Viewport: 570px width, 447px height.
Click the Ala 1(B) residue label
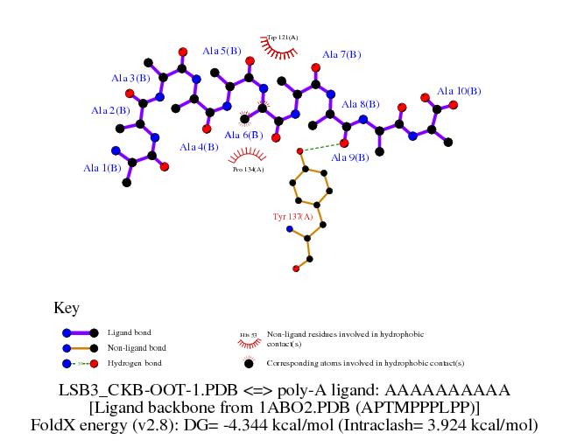(x=102, y=168)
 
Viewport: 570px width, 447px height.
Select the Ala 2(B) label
(x=110, y=110)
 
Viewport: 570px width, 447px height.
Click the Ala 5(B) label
(x=221, y=52)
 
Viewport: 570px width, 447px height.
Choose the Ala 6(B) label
(x=243, y=135)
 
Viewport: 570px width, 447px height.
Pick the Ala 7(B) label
(x=341, y=54)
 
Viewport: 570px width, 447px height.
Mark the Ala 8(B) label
(x=361, y=104)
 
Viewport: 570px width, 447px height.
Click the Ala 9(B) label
(x=349, y=157)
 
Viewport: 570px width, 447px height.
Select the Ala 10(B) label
(x=459, y=91)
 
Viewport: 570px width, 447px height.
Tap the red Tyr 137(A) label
(x=292, y=215)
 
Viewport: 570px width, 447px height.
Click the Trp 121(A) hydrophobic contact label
(x=282, y=37)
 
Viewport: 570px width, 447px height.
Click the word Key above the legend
(x=67, y=308)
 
